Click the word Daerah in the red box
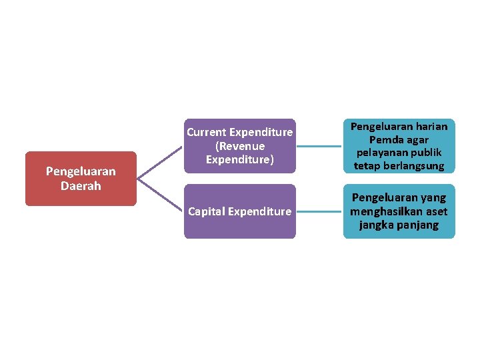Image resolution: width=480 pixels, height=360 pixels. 81,186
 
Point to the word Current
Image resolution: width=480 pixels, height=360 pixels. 206,132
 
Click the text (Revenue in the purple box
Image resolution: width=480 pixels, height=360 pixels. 239,146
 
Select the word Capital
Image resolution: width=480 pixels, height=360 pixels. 207,211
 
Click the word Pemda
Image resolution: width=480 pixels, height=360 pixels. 385,139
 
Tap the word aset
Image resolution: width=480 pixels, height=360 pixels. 435,211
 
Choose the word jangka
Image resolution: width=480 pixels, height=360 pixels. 378,225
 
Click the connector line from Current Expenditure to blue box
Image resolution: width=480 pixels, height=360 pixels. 319,146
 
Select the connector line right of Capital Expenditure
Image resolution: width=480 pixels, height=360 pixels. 319,211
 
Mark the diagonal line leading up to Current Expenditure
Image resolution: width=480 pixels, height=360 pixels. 160,162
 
